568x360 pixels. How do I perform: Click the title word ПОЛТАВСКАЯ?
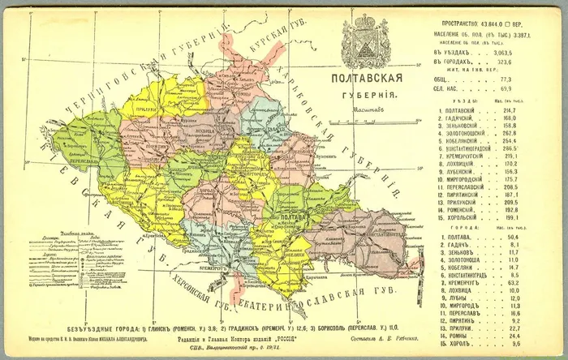366,79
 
